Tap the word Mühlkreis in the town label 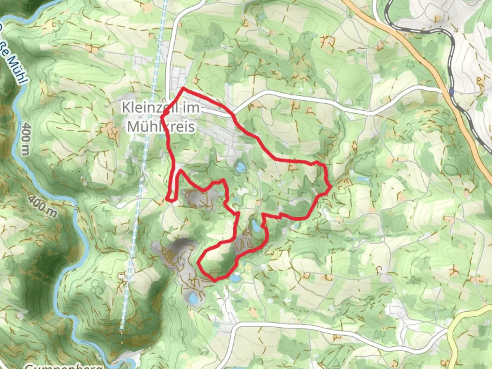161,127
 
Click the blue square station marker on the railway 451,92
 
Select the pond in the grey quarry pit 192,299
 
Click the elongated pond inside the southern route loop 255,225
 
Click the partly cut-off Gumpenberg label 63,366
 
